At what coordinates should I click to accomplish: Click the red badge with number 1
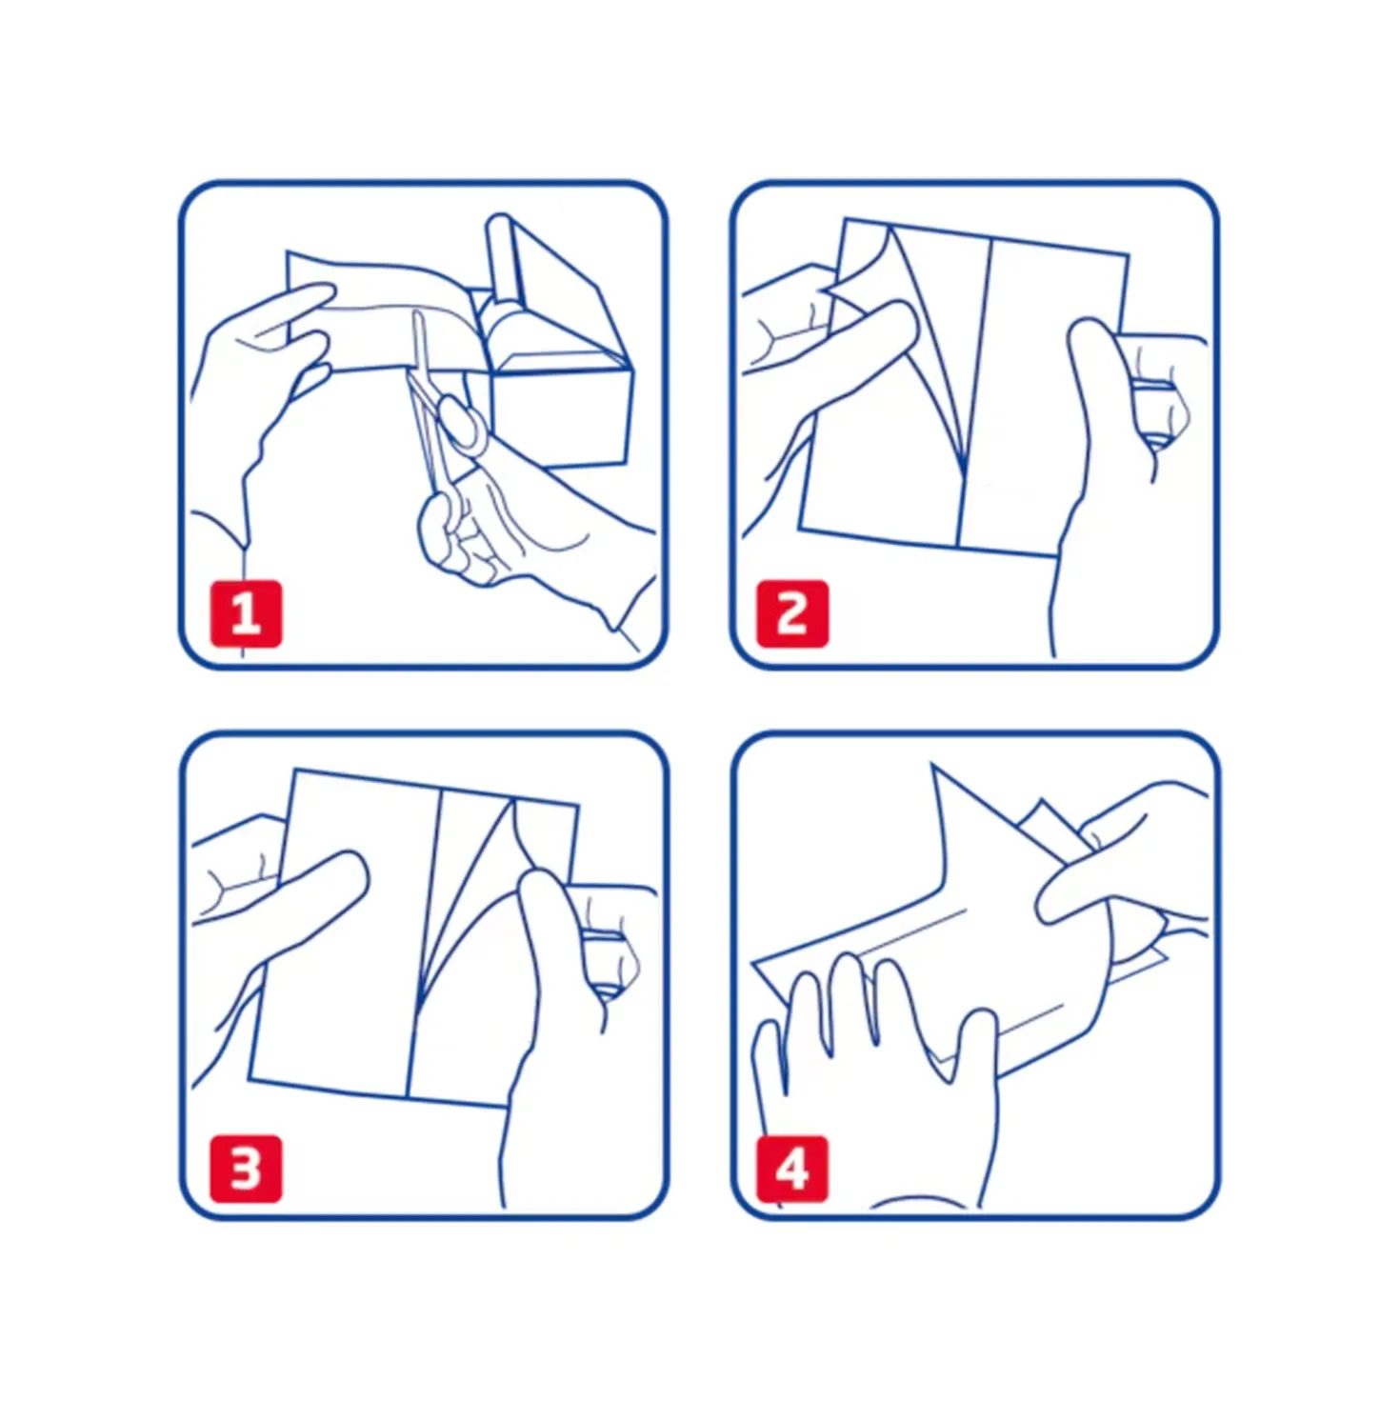click(x=246, y=613)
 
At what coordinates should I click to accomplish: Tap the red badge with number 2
click(x=792, y=613)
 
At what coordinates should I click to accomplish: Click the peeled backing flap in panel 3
click(x=472, y=894)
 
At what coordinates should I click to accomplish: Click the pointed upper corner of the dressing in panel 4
click(x=932, y=764)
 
